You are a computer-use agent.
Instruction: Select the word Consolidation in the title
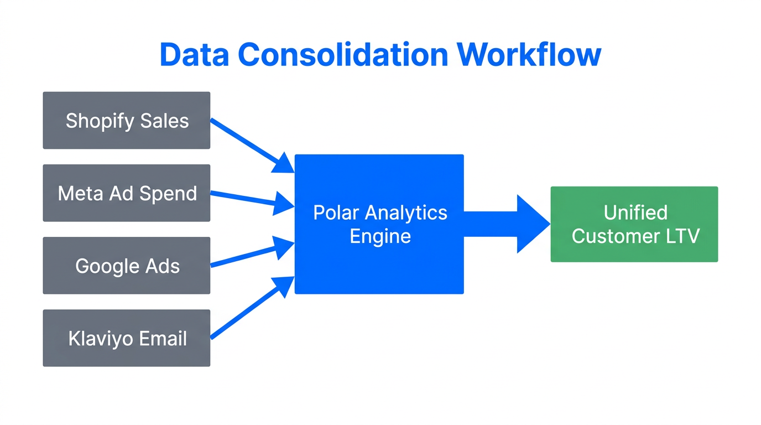(x=343, y=55)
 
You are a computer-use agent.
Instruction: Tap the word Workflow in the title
(x=529, y=55)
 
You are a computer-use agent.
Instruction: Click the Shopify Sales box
(x=127, y=121)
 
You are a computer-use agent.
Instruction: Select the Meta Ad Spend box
(x=127, y=193)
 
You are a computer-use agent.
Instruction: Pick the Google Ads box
(x=127, y=266)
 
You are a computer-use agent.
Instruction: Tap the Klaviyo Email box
(x=127, y=338)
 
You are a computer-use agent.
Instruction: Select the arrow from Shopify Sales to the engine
(x=249, y=143)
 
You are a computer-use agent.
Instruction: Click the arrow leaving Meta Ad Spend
(x=249, y=200)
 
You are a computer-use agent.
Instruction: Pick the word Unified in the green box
(x=635, y=212)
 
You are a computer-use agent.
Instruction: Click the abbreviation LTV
(x=681, y=236)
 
